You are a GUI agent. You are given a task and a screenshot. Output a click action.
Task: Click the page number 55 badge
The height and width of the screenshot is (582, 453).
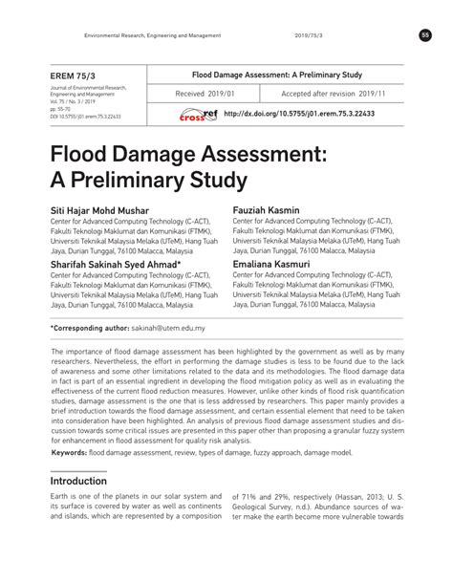coord(425,35)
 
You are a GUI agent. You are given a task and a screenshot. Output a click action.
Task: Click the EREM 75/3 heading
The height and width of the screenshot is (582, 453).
coord(75,75)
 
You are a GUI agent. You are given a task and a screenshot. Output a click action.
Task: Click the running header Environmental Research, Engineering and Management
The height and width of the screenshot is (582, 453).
coord(152,35)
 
